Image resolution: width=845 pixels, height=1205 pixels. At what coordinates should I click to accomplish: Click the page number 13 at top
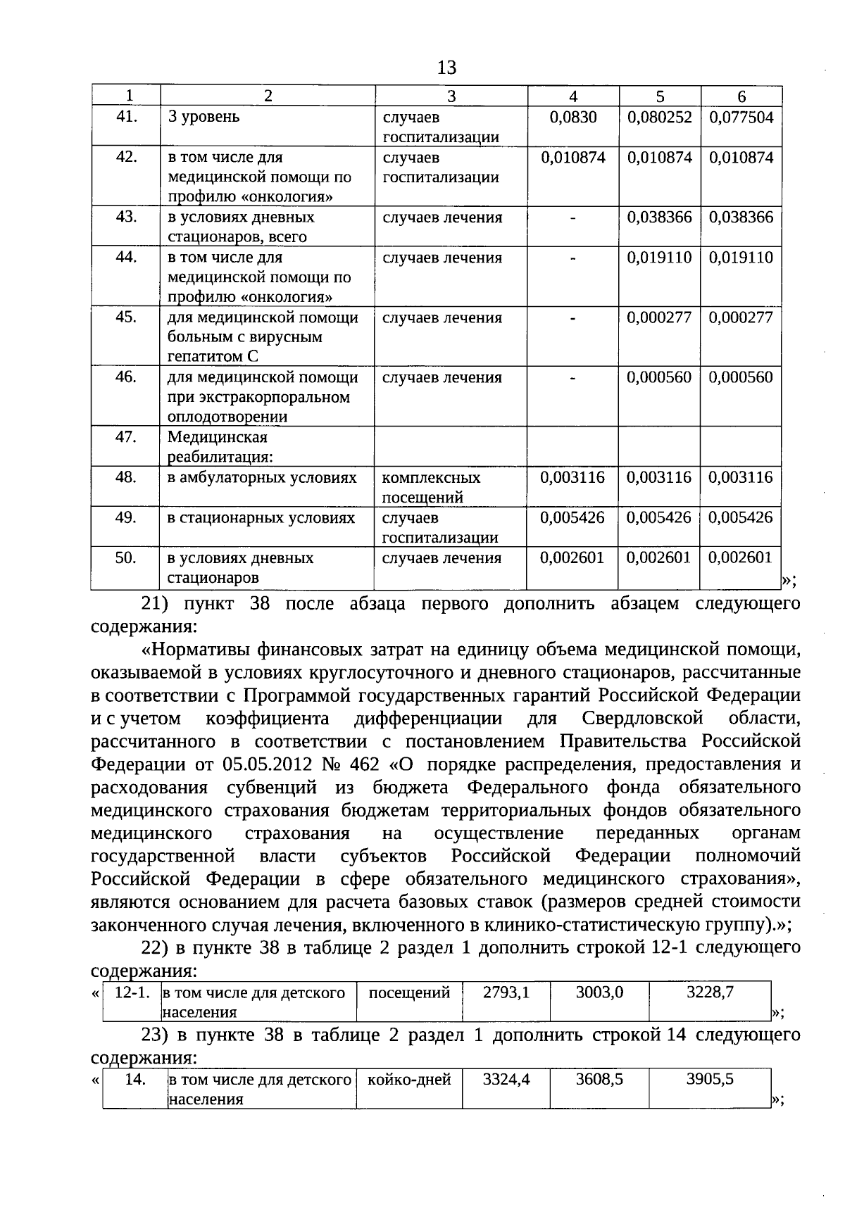click(446, 68)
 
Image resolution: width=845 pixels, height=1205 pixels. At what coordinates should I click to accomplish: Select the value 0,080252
click(659, 118)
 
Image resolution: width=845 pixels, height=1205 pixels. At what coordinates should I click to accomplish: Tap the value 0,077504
click(741, 118)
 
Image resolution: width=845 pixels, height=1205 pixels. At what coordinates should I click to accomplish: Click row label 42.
click(126, 157)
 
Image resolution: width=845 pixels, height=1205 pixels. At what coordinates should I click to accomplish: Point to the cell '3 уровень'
click(204, 118)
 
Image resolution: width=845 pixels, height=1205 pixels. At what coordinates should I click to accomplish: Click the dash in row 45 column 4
click(573, 319)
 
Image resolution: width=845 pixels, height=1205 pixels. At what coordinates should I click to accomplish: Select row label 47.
click(126, 437)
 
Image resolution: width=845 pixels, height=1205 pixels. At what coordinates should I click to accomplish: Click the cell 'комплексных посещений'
click(431, 487)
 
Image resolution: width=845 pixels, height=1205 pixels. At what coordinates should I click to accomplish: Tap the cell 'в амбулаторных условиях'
click(262, 478)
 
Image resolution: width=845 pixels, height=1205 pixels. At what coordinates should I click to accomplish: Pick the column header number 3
click(451, 96)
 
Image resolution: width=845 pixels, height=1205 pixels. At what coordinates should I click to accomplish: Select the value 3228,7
click(710, 992)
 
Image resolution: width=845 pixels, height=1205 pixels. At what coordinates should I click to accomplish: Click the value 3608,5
click(599, 1079)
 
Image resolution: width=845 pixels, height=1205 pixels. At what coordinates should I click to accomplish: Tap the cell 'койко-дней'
click(409, 1079)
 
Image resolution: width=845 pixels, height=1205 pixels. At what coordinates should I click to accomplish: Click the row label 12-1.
click(132, 992)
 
